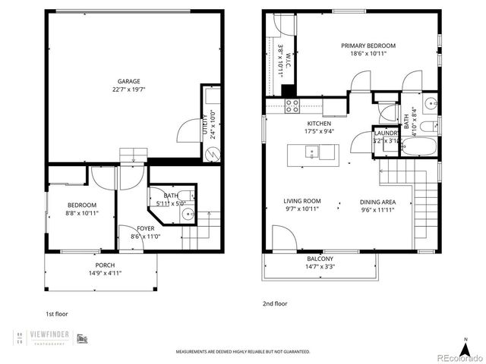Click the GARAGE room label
tap(128, 81)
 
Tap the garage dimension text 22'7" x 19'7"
tap(128, 89)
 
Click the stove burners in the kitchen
tap(292, 106)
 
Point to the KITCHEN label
tap(318, 123)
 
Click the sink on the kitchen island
tap(312, 152)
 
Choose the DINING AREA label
tap(377, 201)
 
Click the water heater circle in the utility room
tap(211, 154)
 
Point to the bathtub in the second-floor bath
tap(418, 146)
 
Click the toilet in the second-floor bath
tap(428, 126)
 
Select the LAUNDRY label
tap(386, 132)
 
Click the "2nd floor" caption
tap(275, 303)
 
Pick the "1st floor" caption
tap(57, 312)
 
